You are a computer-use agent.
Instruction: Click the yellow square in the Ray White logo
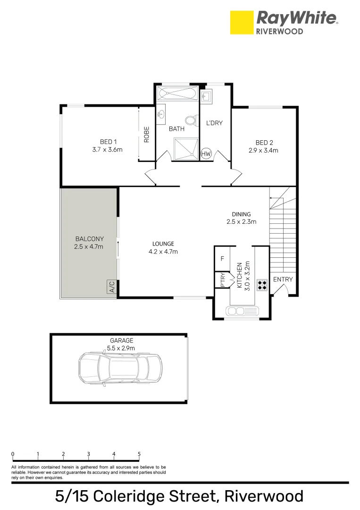(x=241, y=23)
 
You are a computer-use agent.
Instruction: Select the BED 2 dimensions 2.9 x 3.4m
(x=263, y=151)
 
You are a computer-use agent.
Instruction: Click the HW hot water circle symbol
(x=206, y=153)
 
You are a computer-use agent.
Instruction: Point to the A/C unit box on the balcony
(x=112, y=287)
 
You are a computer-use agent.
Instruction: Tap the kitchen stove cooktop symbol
(x=262, y=284)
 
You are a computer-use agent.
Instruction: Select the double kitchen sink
(x=243, y=311)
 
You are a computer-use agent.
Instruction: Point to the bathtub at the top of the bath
(x=177, y=93)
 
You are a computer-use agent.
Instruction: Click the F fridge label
(x=222, y=259)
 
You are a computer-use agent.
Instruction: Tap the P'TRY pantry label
(x=222, y=280)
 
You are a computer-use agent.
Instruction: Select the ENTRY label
(x=283, y=280)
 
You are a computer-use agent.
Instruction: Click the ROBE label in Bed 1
(x=147, y=135)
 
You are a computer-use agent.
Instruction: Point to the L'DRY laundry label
(x=214, y=123)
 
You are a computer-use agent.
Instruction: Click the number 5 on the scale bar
(x=139, y=454)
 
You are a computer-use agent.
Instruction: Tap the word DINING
(x=241, y=214)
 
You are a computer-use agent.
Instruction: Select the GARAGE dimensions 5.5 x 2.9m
(x=121, y=348)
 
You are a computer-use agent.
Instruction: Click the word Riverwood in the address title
(x=264, y=496)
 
